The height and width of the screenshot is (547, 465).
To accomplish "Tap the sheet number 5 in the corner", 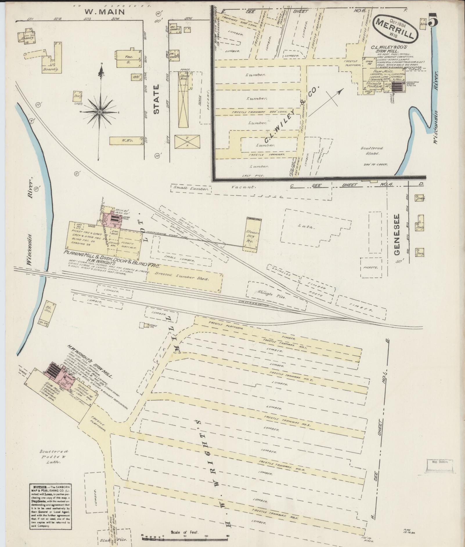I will click(x=433, y=20).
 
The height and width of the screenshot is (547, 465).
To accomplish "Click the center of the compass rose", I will click(x=99, y=112).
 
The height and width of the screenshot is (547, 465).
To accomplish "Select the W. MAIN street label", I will click(x=105, y=12).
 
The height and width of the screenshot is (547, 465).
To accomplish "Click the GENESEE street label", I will click(x=397, y=235).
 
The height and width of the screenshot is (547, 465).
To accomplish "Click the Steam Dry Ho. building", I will click(x=251, y=235).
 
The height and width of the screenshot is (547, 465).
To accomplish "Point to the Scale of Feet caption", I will click(x=185, y=532).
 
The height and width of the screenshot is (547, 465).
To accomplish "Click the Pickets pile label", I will click(x=370, y=267).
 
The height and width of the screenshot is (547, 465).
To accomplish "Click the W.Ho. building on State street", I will click(x=127, y=141).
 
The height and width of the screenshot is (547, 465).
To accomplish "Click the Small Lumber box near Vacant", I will click(x=191, y=189).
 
